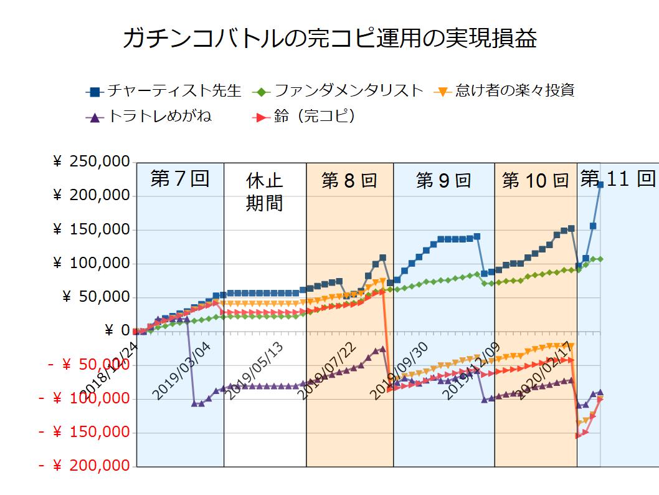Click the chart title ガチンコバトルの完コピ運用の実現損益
(x=329, y=39)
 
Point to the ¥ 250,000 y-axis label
(x=92, y=162)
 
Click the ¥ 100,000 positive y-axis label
(x=92, y=264)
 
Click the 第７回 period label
(x=179, y=179)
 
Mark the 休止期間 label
(x=265, y=192)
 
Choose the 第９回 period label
(x=443, y=181)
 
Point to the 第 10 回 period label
(x=536, y=181)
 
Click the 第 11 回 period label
(x=617, y=179)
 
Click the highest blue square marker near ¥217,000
(x=600, y=185)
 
